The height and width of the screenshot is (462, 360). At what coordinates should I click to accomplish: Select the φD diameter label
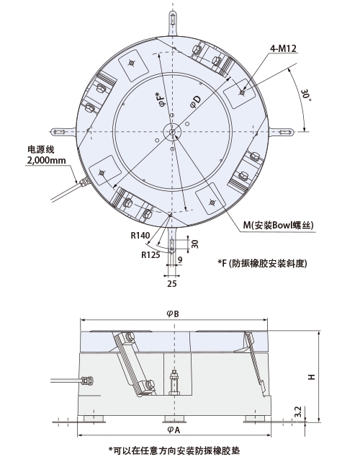[195, 104]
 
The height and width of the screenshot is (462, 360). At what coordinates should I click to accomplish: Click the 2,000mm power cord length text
[46, 160]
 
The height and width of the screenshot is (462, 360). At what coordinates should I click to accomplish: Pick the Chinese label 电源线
[40, 149]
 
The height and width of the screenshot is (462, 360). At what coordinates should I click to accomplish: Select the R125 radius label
[150, 254]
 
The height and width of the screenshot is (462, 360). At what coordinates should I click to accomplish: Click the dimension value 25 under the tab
[172, 285]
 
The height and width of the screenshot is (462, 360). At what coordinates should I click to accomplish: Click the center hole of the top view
[173, 130]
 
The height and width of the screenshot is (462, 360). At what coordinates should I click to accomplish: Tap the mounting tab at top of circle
[173, 22]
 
